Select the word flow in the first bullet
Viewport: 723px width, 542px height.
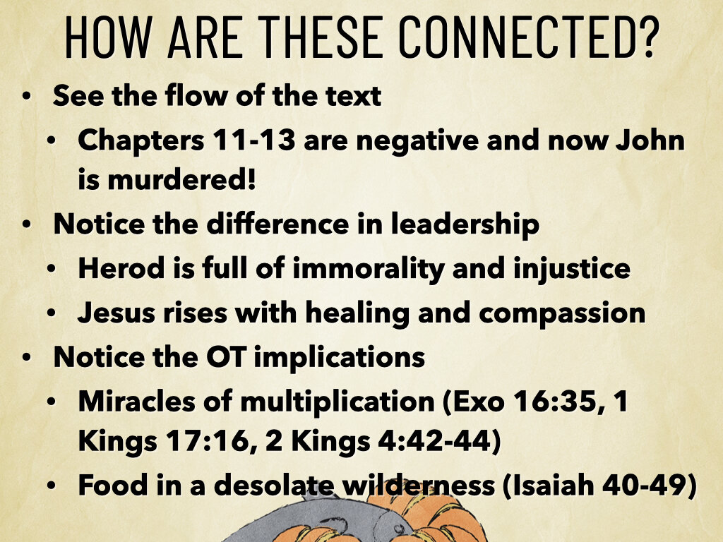tap(191, 96)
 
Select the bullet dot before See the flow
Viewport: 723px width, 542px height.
tap(27, 96)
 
